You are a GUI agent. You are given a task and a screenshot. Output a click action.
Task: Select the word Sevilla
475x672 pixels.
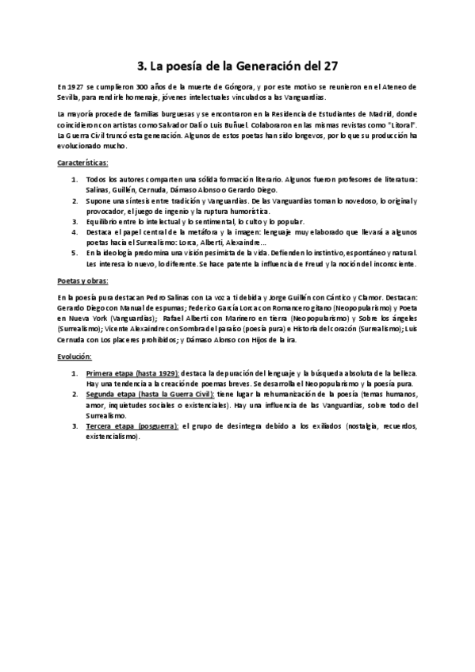click(68, 97)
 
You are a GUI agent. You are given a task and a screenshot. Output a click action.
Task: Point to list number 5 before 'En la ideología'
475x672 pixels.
click(74, 253)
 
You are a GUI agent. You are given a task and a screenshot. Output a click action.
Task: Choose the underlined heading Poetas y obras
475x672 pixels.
click(83, 281)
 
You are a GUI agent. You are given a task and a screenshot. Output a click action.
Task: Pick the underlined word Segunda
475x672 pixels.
click(104, 393)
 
